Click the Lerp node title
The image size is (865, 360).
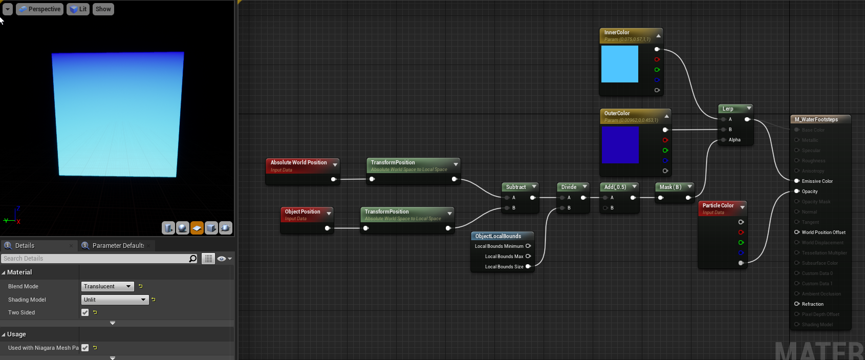pyautogui.click(x=728, y=109)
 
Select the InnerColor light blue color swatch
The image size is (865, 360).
pyautogui.click(x=619, y=64)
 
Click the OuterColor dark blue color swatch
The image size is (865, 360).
pyautogui.click(x=620, y=145)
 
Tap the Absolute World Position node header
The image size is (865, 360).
pyautogui.click(x=298, y=163)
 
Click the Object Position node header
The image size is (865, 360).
pyautogui.click(x=302, y=212)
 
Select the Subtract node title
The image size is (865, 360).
pyautogui.click(x=516, y=187)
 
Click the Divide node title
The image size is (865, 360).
pyautogui.click(x=569, y=187)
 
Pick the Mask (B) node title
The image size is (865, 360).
pyautogui.click(x=670, y=187)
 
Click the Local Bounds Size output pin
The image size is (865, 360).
pyautogui.click(x=528, y=266)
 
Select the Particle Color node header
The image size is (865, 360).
pyautogui.click(x=718, y=206)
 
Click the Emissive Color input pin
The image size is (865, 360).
pyautogui.click(x=797, y=181)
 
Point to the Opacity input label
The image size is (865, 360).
pyautogui.click(x=810, y=192)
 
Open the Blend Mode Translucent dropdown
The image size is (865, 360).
pyautogui.click(x=107, y=286)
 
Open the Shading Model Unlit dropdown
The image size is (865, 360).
pyautogui.click(x=115, y=300)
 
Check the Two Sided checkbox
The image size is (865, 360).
pyautogui.click(x=85, y=312)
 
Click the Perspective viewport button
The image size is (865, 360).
pyautogui.click(x=39, y=9)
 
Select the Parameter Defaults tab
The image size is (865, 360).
pyautogui.click(x=118, y=246)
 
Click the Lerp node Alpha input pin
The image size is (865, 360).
pyautogui.click(x=723, y=140)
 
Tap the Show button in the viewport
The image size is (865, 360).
pyautogui.click(x=103, y=9)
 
